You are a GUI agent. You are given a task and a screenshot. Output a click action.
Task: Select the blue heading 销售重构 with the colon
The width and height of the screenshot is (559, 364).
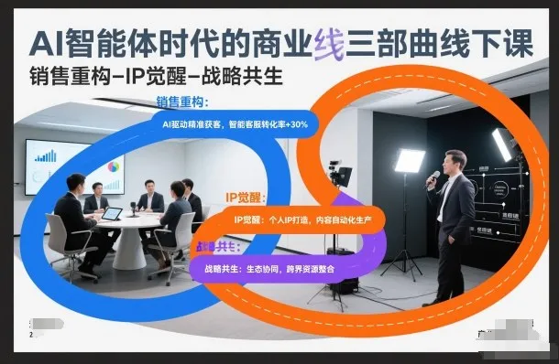point(183,102)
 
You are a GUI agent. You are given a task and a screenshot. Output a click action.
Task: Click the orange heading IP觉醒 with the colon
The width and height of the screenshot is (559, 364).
point(245,198)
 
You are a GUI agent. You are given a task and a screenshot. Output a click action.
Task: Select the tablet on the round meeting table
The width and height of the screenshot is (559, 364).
point(112,213)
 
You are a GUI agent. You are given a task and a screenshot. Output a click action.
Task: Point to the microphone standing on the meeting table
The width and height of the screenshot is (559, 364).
point(134,209)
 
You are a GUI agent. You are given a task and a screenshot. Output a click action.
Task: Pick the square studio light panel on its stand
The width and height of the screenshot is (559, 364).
point(409,161)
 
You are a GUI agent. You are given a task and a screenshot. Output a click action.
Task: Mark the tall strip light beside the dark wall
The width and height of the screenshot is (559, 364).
point(502,145)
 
